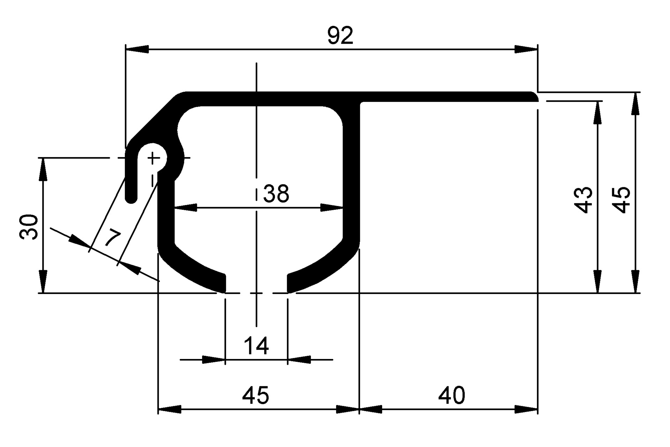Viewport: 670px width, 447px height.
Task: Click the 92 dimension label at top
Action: tap(340, 36)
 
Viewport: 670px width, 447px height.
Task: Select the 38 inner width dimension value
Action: tap(276, 194)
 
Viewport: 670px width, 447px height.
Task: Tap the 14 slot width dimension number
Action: tap(256, 346)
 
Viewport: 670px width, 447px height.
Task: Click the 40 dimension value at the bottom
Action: tap(452, 395)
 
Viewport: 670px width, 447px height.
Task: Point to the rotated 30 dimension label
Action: tap(29, 227)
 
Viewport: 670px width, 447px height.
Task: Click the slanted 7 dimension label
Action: tap(113, 238)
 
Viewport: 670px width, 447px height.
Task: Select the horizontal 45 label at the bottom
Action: tap(255, 395)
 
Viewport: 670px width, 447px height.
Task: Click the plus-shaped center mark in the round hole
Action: tap(153, 158)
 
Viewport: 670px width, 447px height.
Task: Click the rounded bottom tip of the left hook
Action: tap(131, 200)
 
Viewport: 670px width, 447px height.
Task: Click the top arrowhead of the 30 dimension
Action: tap(43, 169)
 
